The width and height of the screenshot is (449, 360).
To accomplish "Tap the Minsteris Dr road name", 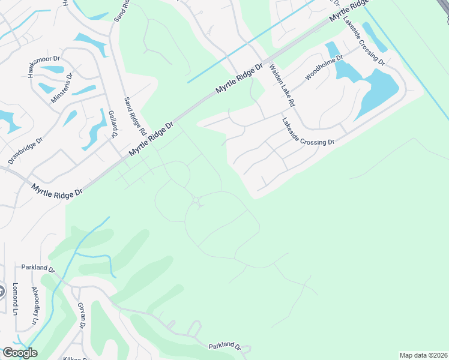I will click(61, 88).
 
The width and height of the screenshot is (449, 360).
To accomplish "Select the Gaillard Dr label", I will click(111, 124).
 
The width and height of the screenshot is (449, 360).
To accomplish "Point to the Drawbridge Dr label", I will click(25, 152).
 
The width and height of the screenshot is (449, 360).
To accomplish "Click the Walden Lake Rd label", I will click(282, 86).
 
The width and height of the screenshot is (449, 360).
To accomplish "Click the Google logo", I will click(20, 353).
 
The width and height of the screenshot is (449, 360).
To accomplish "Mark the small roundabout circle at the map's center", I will click(196, 200).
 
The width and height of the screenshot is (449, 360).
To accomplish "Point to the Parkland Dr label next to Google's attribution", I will click(224, 347).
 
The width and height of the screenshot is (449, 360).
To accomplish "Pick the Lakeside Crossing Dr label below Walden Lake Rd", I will click(307, 132).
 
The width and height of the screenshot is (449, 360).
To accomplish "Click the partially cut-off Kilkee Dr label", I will click(75, 358).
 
